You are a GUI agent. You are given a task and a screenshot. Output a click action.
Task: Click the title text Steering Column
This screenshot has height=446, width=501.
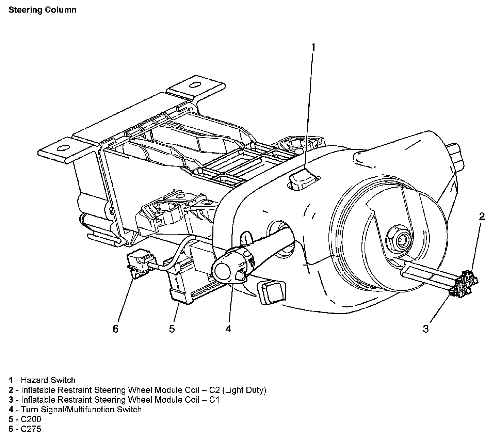tap(42, 10)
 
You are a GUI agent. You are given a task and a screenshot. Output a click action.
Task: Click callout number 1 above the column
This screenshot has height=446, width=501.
tap(313, 47)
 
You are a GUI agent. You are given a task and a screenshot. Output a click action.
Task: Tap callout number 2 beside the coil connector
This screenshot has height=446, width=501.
tap(482, 217)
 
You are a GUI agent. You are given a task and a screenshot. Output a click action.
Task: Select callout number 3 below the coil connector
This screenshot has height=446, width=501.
tap(426, 329)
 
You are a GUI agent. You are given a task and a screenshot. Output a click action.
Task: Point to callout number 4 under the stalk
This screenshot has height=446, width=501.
tap(228, 329)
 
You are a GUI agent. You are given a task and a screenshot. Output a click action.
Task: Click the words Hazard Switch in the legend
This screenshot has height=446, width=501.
tap(48, 380)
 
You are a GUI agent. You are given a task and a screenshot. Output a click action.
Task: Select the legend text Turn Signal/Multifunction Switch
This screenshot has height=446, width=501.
tap(81, 409)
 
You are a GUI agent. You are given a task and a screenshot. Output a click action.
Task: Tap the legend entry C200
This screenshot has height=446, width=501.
tap(31, 419)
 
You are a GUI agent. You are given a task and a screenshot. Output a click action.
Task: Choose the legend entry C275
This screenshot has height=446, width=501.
tap(31, 429)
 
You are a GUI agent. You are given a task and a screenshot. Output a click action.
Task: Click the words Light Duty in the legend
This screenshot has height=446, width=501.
tap(245, 390)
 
